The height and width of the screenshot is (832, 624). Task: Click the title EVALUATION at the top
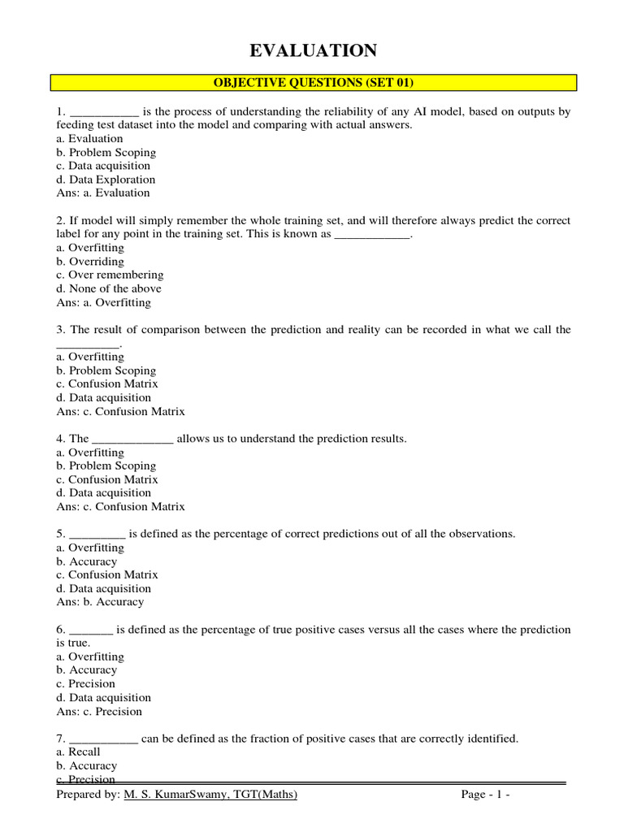313,51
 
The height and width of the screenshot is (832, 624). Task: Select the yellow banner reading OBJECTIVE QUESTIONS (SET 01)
314,82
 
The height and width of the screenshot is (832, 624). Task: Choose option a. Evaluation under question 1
89,139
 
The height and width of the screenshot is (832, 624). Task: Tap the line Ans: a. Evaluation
103,193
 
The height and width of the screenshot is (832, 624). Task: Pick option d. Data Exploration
106,180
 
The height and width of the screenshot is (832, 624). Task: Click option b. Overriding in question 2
89,262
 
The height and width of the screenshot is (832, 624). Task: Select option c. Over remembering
110,275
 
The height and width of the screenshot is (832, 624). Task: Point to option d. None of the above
109,288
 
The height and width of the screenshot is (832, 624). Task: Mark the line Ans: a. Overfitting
104,302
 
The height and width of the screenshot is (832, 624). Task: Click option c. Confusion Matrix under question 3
107,383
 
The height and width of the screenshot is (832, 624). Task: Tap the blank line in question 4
132,440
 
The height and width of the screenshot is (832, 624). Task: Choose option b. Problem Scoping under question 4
106,466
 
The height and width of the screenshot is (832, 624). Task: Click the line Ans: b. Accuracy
100,602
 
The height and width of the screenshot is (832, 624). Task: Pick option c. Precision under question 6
85,684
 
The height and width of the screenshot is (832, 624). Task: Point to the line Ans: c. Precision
99,712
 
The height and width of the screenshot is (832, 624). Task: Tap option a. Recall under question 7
78,752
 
